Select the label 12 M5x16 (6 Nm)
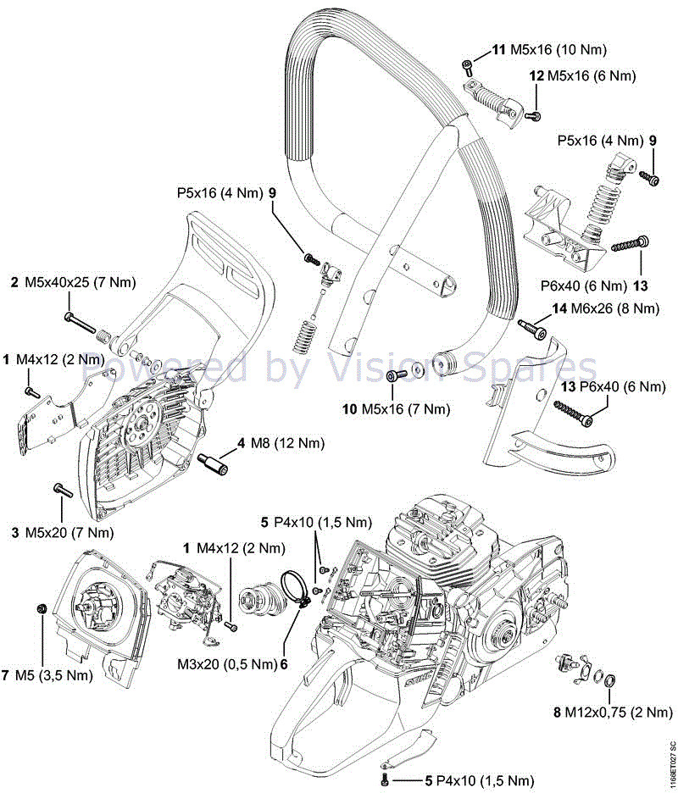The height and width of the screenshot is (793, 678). tap(581, 76)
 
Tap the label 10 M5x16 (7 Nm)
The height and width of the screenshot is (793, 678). tap(396, 409)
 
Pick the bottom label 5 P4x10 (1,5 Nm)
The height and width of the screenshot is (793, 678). tap(480, 779)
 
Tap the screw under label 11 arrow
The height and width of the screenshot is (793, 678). tap(468, 65)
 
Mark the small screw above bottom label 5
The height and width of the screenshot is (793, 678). tap(386, 777)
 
